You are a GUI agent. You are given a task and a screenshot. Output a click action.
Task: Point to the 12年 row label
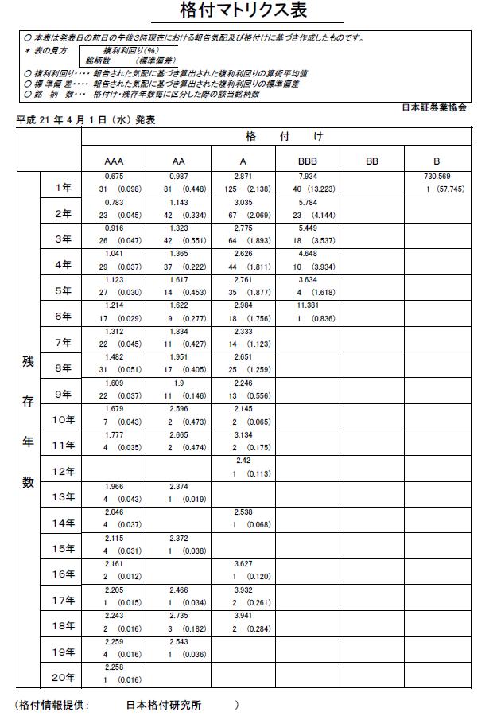point(63,472)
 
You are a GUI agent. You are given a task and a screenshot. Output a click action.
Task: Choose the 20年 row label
point(63,678)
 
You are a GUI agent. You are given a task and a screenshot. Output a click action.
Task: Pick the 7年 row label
point(63,343)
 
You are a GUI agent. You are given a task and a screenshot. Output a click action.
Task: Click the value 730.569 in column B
point(437,176)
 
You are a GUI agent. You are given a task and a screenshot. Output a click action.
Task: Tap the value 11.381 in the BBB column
point(308,305)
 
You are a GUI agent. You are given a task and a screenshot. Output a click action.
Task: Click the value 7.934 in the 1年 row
point(308,176)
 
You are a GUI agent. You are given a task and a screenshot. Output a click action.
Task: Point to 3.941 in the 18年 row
point(243,615)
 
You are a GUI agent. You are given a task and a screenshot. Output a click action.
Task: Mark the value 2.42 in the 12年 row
point(243,461)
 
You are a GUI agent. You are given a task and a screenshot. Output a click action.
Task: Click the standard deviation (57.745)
point(448,189)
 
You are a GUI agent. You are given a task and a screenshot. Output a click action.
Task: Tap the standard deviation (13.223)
point(319,189)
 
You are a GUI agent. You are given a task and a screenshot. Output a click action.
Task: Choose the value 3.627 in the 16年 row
point(243,563)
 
